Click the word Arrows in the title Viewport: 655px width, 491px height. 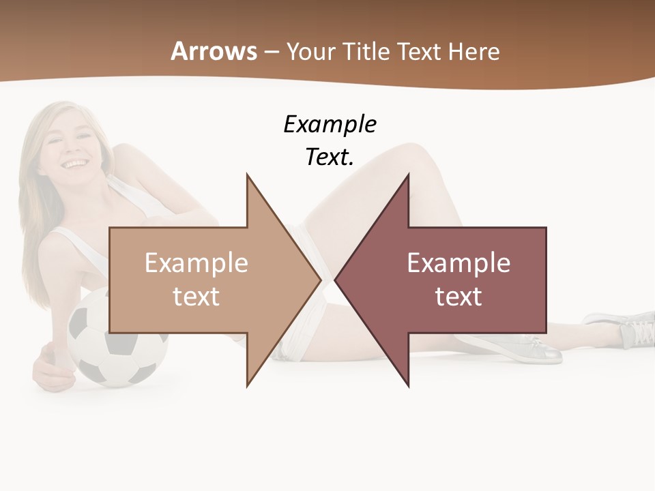[214, 51]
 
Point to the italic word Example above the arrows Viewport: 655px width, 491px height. [330, 124]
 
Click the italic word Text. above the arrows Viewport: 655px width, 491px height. [330, 157]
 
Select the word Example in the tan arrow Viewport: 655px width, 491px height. [196, 263]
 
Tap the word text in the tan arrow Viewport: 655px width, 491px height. [196, 296]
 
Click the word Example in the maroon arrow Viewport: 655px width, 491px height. [458, 263]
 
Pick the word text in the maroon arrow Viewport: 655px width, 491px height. [458, 296]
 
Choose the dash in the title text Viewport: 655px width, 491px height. [271, 52]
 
